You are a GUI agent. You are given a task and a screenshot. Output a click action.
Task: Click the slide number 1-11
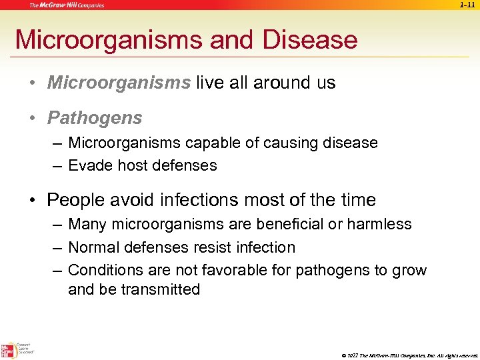coord(467,5)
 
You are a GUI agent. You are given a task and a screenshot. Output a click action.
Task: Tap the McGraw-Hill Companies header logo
coord(67,5)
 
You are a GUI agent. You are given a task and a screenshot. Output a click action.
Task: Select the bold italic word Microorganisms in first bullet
coord(119,83)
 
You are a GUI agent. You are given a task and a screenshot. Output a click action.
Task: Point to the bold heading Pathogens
coord(95,118)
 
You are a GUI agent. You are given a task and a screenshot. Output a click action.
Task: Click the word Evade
coord(88,165)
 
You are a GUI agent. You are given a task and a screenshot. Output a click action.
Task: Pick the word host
coord(127,165)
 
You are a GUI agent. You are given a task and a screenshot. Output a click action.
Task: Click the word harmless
coord(382,225)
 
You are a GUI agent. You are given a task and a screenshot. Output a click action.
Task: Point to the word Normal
coord(93,247)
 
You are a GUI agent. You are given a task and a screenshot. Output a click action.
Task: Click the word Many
coord(86,225)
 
